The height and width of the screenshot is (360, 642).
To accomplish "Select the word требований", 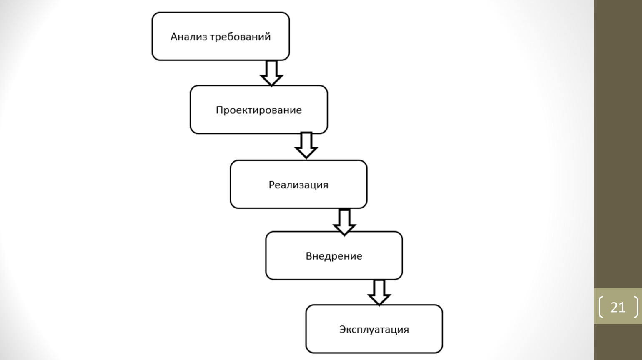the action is click(x=241, y=37).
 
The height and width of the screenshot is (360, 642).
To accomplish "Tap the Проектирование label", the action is click(x=259, y=110).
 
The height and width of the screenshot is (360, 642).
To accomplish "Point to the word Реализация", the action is click(x=298, y=185).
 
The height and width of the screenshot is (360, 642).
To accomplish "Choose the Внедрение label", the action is click(x=334, y=256).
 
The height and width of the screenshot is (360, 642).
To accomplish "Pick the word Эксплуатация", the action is click(x=374, y=330).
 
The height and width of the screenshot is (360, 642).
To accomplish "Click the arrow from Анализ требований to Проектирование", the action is click(x=271, y=73).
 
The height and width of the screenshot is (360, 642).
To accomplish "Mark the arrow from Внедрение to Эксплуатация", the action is click(x=379, y=292).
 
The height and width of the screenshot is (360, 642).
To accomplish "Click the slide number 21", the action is click(x=618, y=307).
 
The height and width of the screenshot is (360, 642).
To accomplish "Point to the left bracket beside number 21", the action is click(x=601, y=307).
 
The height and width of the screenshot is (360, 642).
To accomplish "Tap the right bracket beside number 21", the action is click(x=636, y=307).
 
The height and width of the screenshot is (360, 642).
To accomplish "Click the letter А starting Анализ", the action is click(x=174, y=37).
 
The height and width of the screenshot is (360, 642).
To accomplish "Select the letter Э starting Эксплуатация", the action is click(x=343, y=329).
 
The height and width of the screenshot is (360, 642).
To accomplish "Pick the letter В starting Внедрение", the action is click(x=308, y=256).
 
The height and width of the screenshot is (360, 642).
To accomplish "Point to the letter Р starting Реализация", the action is click(x=271, y=185).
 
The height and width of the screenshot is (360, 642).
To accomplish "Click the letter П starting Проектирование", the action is click(x=219, y=110).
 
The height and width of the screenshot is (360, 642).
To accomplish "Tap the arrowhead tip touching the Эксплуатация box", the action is click(x=379, y=305).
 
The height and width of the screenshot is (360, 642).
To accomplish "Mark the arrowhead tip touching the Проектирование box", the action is click(x=271, y=86).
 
